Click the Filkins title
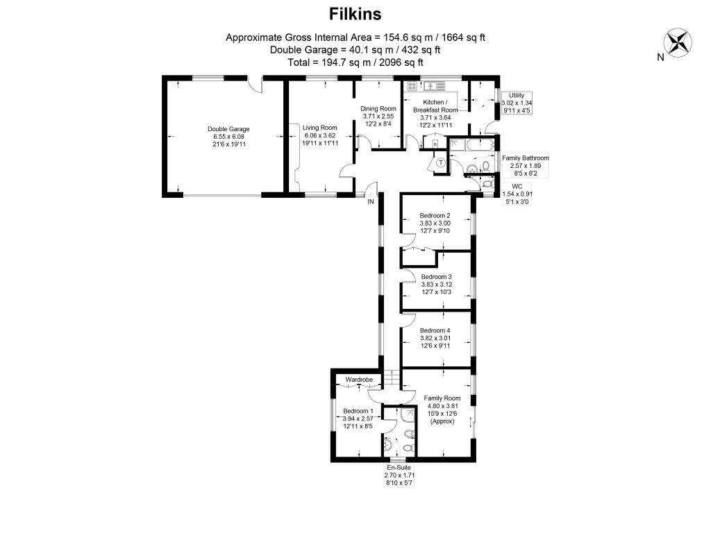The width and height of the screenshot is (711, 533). pyautogui.click(x=355, y=14)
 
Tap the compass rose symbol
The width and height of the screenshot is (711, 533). pyautogui.click(x=678, y=43)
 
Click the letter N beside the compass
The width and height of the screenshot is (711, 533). pyautogui.click(x=660, y=57)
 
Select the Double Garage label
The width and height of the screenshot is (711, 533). pyautogui.click(x=228, y=129)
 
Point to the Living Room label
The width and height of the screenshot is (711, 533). pyautogui.click(x=319, y=128)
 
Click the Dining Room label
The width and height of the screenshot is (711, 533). pyautogui.click(x=378, y=109)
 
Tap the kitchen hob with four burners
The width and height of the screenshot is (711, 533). pyautogui.click(x=412, y=86)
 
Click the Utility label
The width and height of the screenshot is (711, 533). pyautogui.click(x=517, y=96)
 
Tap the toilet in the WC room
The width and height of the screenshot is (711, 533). pyautogui.click(x=487, y=184)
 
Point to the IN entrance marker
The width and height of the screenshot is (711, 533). pyautogui.click(x=371, y=202)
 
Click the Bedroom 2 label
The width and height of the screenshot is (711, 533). pyautogui.click(x=435, y=216)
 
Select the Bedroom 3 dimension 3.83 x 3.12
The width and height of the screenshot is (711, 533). pyautogui.click(x=436, y=285)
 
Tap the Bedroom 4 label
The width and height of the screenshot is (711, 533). pyautogui.click(x=435, y=331)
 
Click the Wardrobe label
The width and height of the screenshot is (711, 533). pyautogui.click(x=359, y=380)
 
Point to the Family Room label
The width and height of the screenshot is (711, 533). pyautogui.click(x=442, y=398)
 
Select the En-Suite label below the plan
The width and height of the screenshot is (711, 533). pyautogui.click(x=399, y=468)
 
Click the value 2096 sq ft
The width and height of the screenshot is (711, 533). pyautogui.click(x=401, y=62)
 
